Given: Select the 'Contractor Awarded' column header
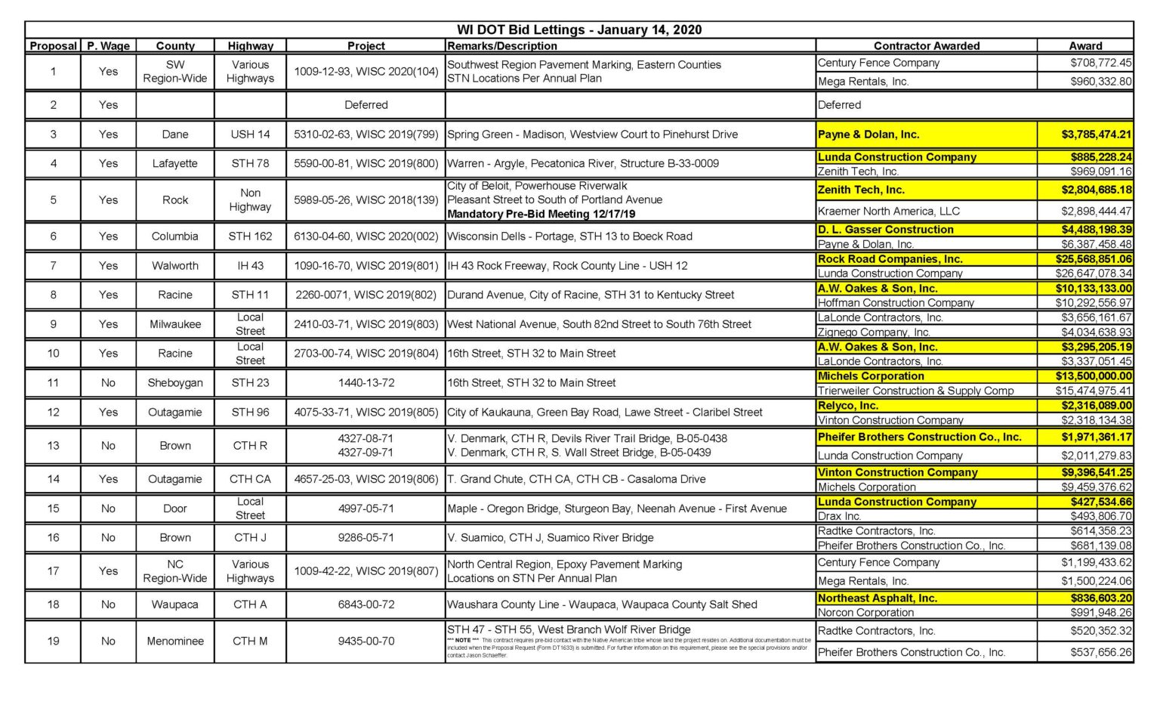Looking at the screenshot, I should pyautogui.click(x=926, y=46).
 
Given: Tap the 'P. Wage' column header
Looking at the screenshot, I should pyautogui.click(x=108, y=46).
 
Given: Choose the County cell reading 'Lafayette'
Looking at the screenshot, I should pyautogui.click(x=174, y=163).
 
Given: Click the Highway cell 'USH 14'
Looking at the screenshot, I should pyautogui.click(x=250, y=135).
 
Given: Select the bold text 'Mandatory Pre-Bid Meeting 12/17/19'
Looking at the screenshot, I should pyautogui.click(x=541, y=214).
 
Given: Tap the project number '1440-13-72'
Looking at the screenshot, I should pyautogui.click(x=366, y=383).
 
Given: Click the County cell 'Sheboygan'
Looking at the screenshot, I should pyautogui.click(x=174, y=383).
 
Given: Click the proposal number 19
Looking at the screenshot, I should pyautogui.click(x=53, y=642).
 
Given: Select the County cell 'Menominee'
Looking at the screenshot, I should pyautogui.click(x=174, y=642).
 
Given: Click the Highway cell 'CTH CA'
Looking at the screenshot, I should pyautogui.click(x=250, y=479).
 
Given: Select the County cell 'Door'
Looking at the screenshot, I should pyautogui.click(x=174, y=509).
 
